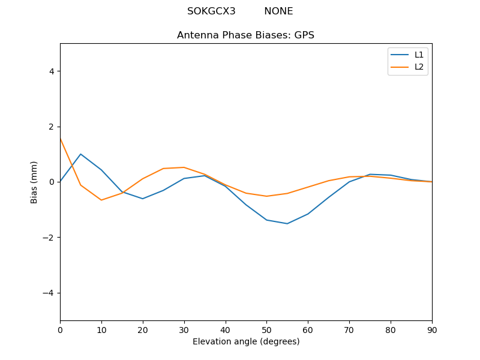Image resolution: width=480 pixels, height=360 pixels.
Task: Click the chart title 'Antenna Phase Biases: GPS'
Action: (x=245, y=35)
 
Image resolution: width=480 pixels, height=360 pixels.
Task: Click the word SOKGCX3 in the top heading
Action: (x=211, y=11)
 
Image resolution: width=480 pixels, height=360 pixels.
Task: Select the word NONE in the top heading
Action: (x=278, y=11)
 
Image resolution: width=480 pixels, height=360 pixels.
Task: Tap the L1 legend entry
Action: (x=419, y=55)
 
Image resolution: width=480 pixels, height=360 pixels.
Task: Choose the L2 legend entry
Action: (x=419, y=67)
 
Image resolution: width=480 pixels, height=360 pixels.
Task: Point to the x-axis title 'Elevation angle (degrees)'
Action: (x=246, y=341)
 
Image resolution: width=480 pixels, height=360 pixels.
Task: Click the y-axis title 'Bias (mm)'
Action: (x=34, y=182)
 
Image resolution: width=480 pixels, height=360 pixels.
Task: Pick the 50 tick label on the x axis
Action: (x=266, y=330)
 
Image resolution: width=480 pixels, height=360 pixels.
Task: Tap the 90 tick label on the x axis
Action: (x=432, y=330)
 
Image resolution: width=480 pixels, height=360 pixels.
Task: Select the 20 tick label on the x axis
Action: (x=143, y=330)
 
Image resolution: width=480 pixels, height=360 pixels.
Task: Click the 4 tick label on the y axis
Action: (x=52, y=71)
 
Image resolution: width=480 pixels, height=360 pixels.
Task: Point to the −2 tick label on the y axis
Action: (x=49, y=237)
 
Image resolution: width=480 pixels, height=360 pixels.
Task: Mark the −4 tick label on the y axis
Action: (x=49, y=293)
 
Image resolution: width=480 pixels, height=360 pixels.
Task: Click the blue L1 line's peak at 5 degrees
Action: (x=80, y=154)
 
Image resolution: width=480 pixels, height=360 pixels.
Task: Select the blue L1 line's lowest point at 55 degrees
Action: (x=287, y=224)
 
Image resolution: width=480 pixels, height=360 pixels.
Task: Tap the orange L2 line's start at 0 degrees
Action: (x=61, y=139)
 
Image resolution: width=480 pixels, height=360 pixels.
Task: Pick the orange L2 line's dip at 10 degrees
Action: (x=101, y=200)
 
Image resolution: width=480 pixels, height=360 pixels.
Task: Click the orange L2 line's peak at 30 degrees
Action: (x=184, y=167)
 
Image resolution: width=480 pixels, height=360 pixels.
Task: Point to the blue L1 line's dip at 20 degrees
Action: (x=143, y=199)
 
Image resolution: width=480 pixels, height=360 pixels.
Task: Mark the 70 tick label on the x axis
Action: (x=349, y=330)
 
